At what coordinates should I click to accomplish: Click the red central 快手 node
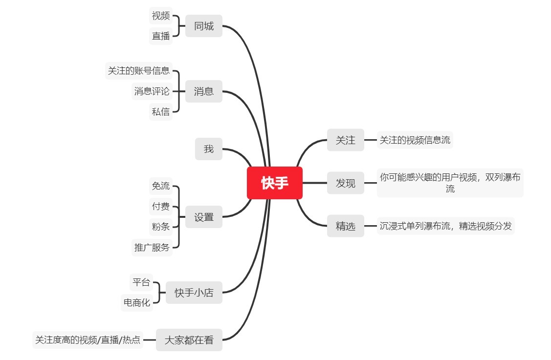click(275, 183)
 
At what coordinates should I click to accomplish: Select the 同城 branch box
click(204, 26)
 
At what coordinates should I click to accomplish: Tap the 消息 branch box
click(204, 91)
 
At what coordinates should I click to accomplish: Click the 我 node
click(209, 149)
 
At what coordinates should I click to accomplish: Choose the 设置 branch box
click(204, 217)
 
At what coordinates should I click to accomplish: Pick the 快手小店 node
click(194, 293)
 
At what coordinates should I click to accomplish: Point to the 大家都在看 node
click(189, 340)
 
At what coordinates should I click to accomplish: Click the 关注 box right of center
click(346, 140)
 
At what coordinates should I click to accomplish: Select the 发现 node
click(346, 183)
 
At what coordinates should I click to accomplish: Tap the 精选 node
click(346, 226)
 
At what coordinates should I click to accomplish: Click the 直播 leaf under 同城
click(161, 36)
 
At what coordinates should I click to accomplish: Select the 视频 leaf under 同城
click(161, 16)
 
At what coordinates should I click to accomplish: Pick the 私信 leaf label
click(161, 111)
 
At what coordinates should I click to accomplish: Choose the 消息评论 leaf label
click(152, 91)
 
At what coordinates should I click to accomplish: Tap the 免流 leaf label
click(161, 186)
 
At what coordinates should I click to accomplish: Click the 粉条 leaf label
click(161, 227)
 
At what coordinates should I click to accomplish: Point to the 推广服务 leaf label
click(152, 247)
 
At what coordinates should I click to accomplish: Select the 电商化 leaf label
click(137, 303)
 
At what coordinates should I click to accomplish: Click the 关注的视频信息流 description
click(415, 140)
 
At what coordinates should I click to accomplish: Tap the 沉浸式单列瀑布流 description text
click(445, 226)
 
